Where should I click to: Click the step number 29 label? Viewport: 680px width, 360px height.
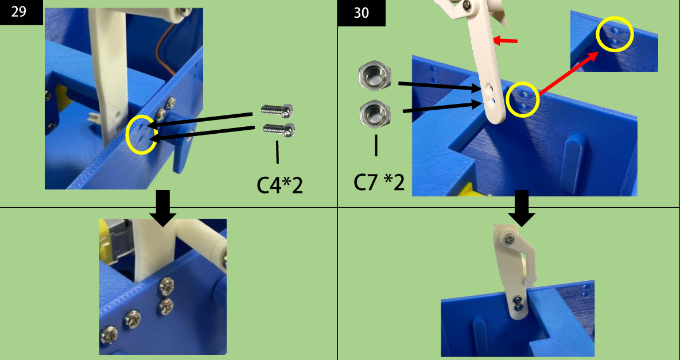point(18,11)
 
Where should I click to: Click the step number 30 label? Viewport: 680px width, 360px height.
point(362,13)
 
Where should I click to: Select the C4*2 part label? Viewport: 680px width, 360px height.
point(279,185)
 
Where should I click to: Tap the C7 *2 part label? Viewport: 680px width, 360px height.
point(379,183)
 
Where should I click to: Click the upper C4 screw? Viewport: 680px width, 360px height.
point(278,110)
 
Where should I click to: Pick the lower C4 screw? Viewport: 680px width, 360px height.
point(279,129)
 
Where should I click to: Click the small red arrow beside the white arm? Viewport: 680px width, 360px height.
point(506,41)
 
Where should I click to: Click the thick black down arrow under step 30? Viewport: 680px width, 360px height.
point(522,208)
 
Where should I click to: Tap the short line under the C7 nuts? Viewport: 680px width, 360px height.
point(375,145)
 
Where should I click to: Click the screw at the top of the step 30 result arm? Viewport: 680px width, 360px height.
point(508,238)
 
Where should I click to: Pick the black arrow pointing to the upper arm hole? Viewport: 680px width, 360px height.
point(441,86)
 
